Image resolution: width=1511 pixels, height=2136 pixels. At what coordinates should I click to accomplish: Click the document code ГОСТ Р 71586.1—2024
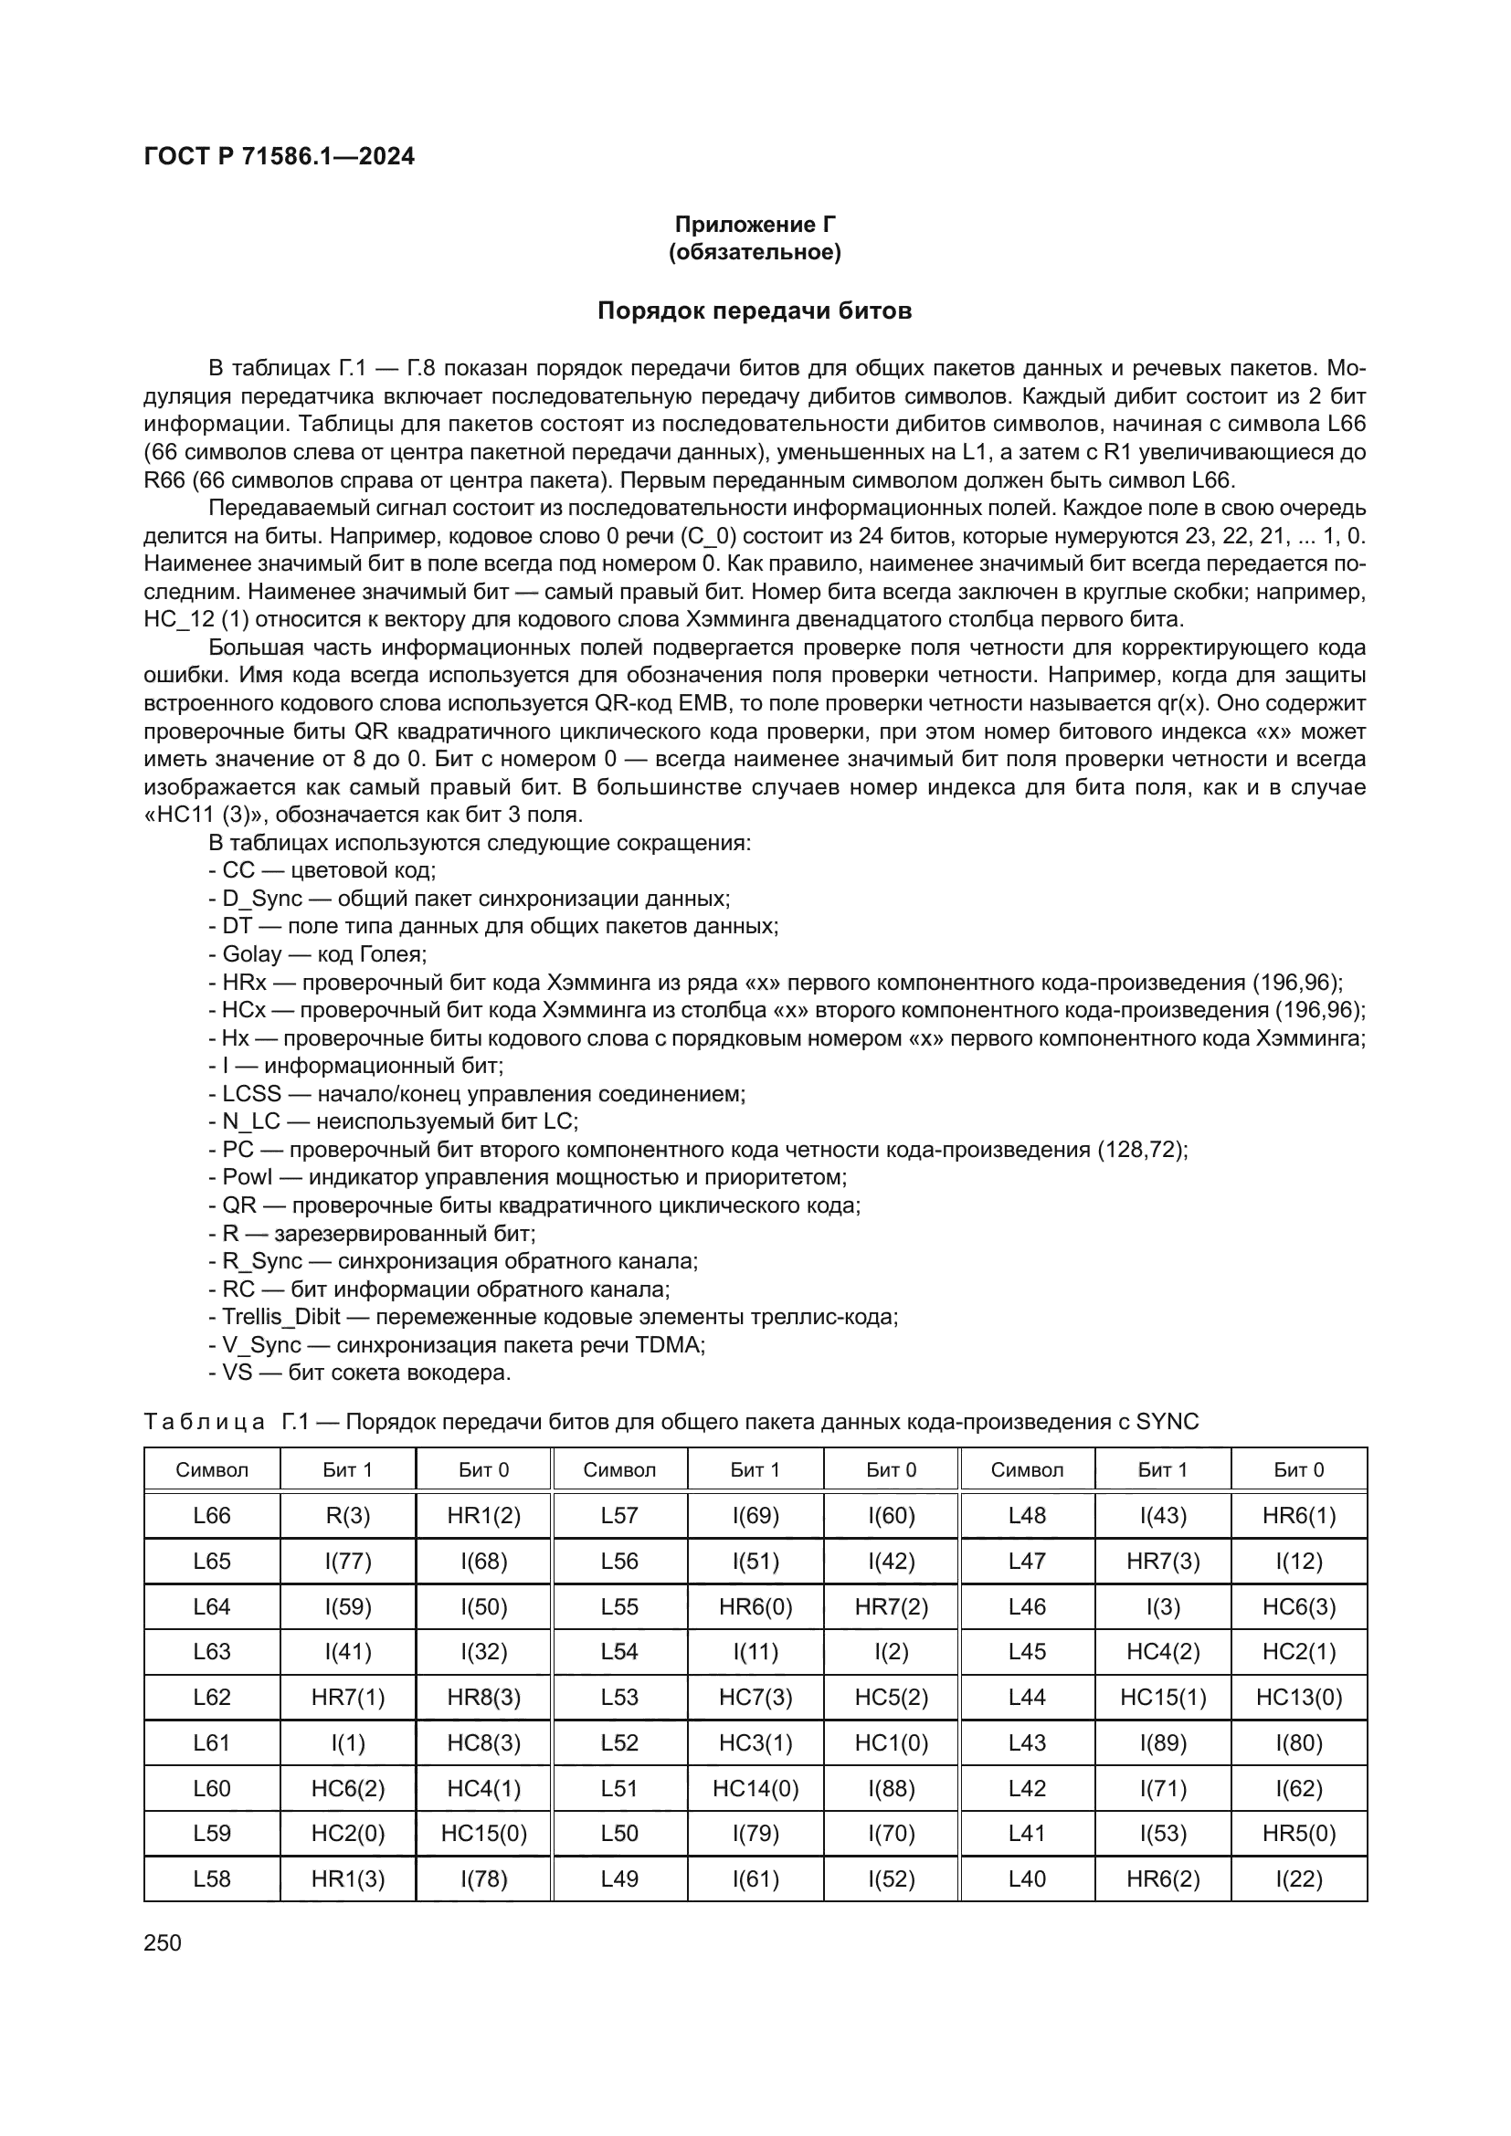point(280,156)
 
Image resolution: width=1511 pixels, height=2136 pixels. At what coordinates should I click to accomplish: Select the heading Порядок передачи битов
point(755,310)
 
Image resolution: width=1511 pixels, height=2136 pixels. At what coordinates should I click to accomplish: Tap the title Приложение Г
point(755,225)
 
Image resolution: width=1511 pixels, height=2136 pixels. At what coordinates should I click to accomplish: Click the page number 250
point(163,1942)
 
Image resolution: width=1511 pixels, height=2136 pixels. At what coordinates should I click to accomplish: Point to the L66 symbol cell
point(212,1516)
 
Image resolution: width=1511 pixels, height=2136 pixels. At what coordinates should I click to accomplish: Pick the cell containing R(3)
point(348,1516)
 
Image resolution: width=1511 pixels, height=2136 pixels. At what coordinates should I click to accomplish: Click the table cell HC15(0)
point(484,1833)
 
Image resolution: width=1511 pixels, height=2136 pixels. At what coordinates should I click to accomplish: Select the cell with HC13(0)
point(1299,1697)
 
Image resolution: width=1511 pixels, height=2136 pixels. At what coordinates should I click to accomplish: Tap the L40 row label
point(1027,1878)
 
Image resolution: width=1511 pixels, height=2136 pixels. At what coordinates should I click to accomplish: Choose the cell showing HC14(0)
point(755,1788)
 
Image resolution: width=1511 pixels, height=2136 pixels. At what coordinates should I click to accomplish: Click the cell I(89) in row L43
point(1163,1742)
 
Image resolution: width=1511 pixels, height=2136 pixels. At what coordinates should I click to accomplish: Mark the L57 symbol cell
point(619,1516)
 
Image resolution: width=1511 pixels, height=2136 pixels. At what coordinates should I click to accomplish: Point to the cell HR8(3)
point(484,1697)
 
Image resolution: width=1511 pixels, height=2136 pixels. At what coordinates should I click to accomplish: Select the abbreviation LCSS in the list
point(251,1093)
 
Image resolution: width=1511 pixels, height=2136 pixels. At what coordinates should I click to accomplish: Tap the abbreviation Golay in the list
point(251,953)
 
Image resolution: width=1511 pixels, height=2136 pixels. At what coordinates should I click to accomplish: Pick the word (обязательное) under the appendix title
point(755,252)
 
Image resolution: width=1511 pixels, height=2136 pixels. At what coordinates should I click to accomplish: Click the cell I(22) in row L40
point(1299,1878)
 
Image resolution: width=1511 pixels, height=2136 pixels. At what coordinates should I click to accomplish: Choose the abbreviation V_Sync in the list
point(261,1344)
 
